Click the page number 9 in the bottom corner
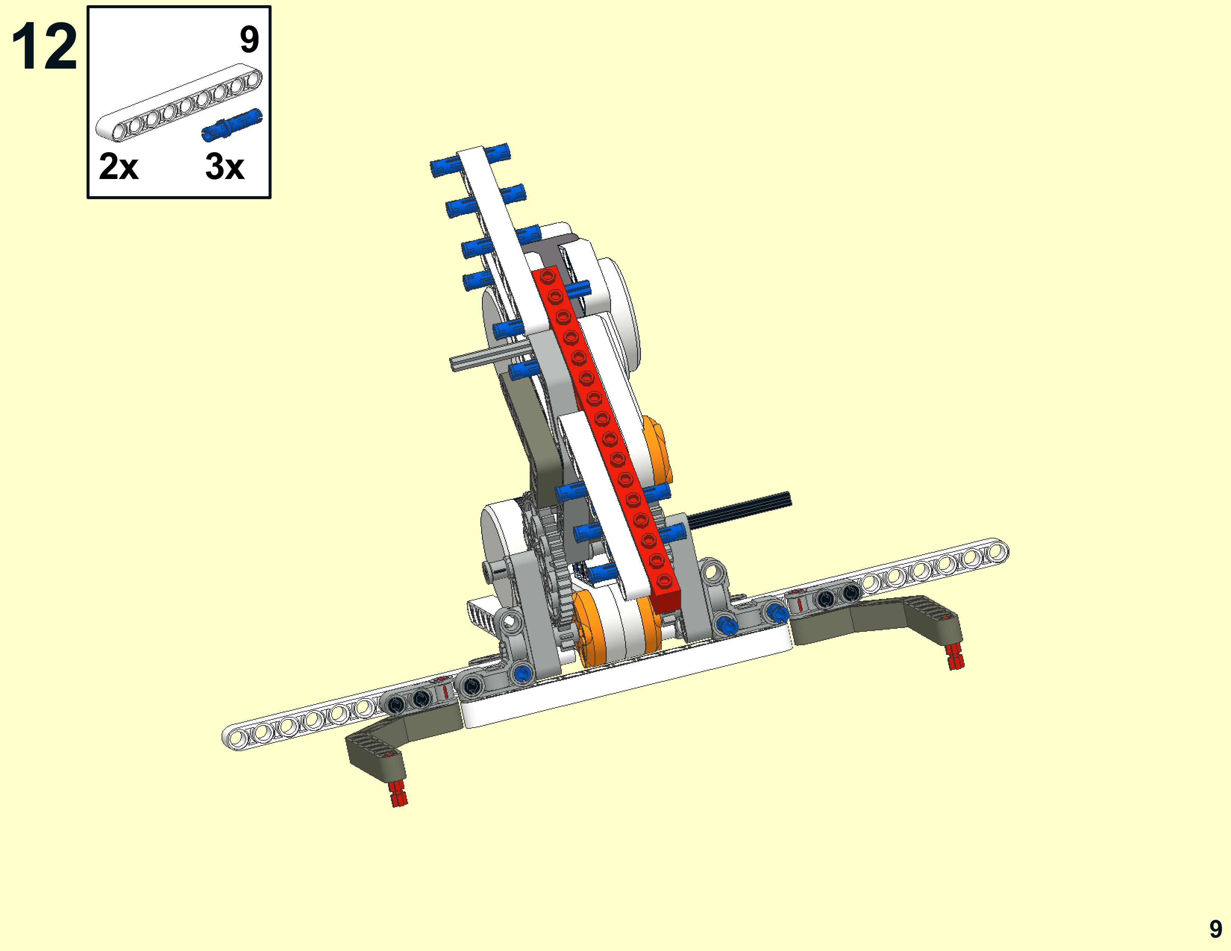1216,929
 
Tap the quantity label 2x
118,166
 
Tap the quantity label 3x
224,166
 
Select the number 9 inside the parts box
249,40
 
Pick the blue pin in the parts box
232,125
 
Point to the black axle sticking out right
738,509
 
